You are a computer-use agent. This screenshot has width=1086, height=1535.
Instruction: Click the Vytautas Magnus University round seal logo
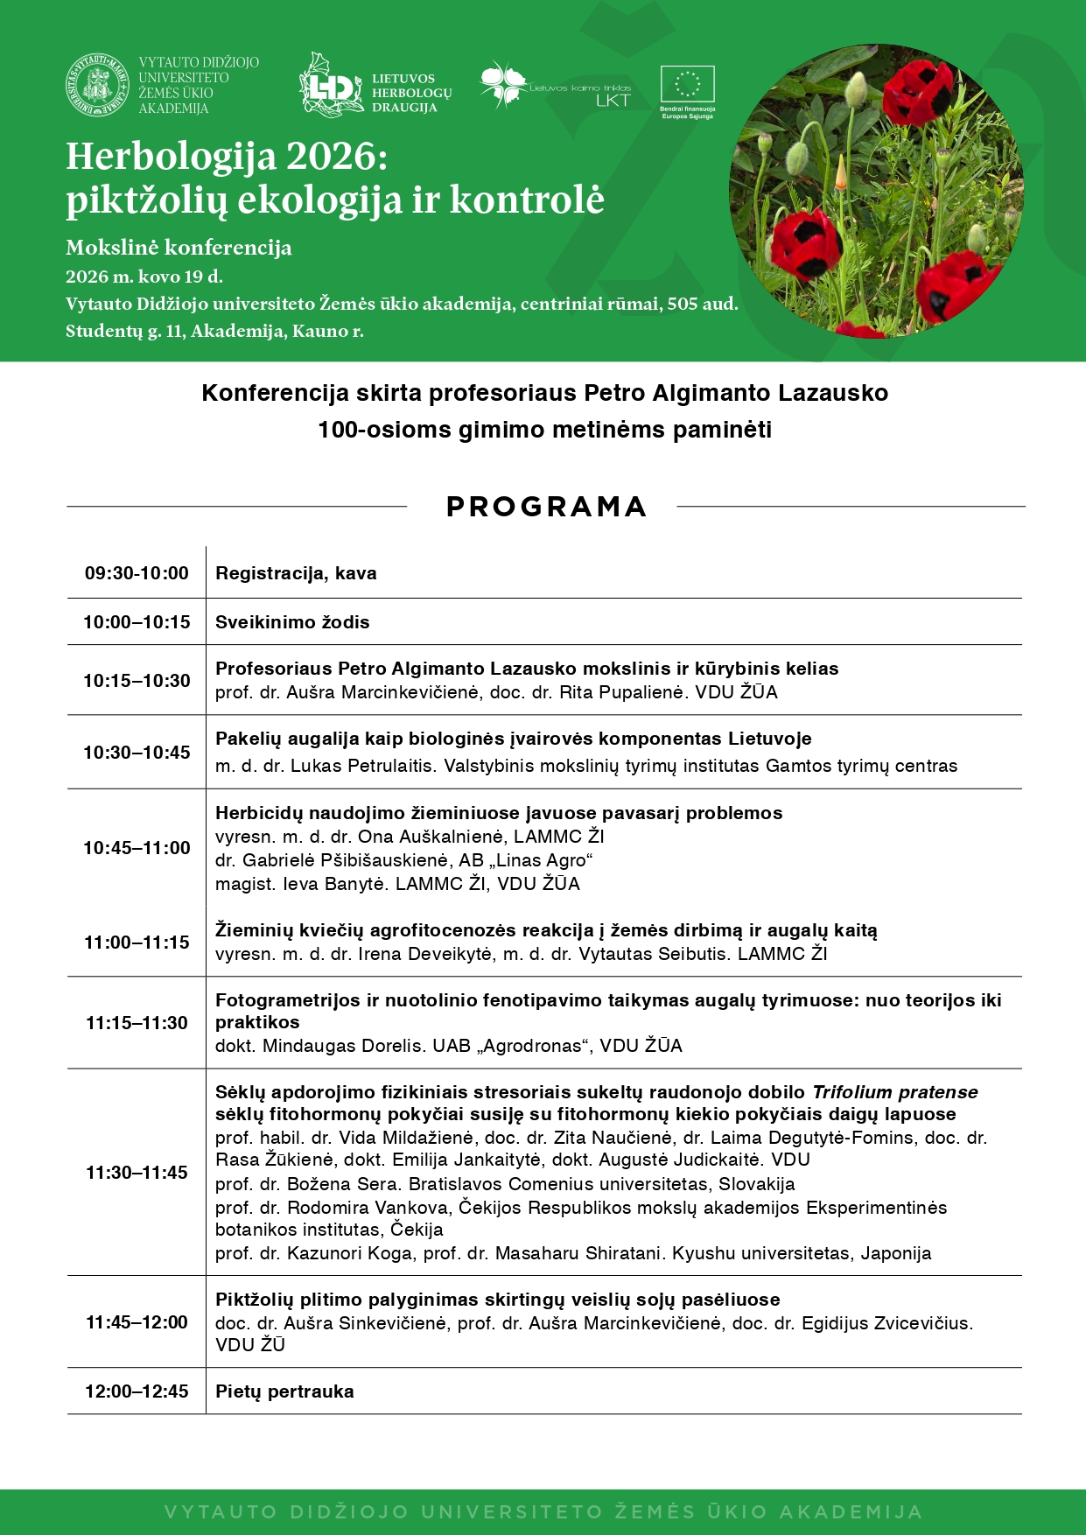[98, 86]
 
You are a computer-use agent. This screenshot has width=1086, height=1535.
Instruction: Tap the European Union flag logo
[688, 85]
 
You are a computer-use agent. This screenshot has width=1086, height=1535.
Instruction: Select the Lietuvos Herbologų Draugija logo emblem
[330, 85]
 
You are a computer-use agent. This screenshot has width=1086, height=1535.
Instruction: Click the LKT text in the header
[613, 101]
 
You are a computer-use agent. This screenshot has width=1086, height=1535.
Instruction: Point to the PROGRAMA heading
[546, 507]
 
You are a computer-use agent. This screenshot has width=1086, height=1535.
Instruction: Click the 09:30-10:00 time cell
[137, 573]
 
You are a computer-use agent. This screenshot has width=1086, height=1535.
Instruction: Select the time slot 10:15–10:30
[137, 681]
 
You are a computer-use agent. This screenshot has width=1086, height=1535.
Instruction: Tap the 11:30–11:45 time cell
[137, 1173]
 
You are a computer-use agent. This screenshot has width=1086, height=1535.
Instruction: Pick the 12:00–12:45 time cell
[137, 1391]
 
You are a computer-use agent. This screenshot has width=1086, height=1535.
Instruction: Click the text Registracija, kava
[296, 573]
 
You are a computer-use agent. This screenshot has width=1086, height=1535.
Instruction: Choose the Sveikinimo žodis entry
[292, 622]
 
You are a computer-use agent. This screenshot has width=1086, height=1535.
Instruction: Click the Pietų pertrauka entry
[284, 1391]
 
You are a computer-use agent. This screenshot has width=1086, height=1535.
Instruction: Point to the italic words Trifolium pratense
[894, 1092]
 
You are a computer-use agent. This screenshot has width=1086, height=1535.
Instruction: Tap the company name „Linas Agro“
[543, 860]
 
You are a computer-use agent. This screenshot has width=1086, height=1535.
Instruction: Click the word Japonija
[896, 1253]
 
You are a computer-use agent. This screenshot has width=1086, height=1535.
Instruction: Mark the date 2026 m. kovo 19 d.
[144, 277]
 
